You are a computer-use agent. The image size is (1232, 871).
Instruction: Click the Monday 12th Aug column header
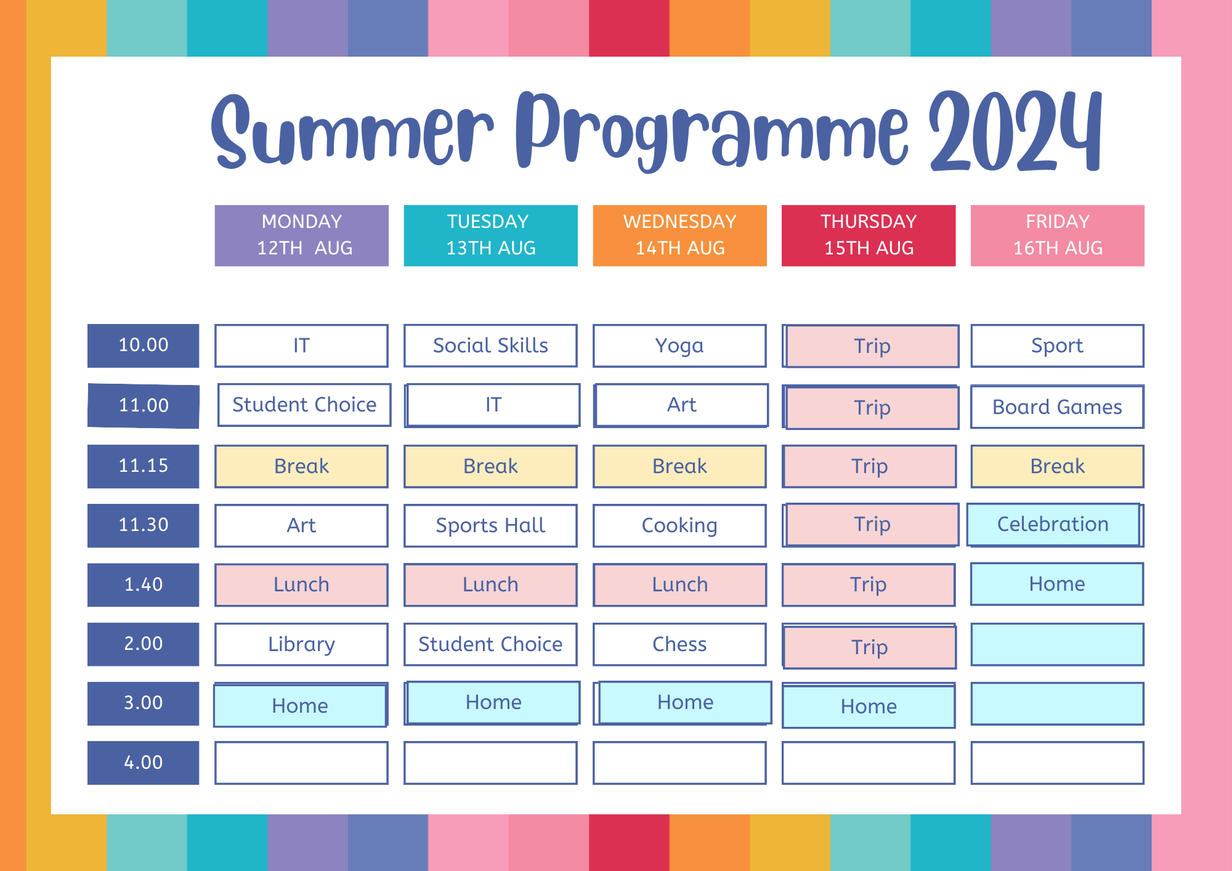pyautogui.click(x=301, y=235)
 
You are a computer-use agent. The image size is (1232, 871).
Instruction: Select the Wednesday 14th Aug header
pyautogui.click(x=679, y=235)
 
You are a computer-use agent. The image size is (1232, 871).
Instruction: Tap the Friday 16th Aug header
pyautogui.click(x=1057, y=235)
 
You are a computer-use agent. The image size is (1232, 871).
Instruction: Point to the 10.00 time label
pyautogui.click(x=143, y=346)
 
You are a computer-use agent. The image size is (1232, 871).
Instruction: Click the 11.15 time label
pyautogui.click(x=143, y=466)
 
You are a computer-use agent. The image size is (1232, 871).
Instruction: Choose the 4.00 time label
pyautogui.click(x=143, y=763)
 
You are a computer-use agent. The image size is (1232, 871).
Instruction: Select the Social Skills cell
pyautogui.click(x=490, y=346)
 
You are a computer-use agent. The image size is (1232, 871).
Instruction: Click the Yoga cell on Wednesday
pyautogui.click(x=679, y=346)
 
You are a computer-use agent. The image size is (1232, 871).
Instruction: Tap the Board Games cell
pyautogui.click(x=1057, y=407)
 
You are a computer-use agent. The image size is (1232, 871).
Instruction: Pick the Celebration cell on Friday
pyautogui.click(x=1053, y=524)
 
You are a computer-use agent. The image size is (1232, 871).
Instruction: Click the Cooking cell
pyautogui.click(x=679, y=525)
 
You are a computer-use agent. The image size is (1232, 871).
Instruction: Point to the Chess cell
pyautogui.click(x=679, y=644)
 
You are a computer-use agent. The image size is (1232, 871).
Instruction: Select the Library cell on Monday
pyautogui.click(x=301, y=644)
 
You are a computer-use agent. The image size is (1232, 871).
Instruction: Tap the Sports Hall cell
pyautogui.click(x=490, y=525)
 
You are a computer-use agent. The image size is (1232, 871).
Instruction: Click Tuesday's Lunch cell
pyautogui.click(x=490, y=585)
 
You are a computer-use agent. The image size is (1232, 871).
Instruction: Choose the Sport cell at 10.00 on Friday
pyautogui.click(x=1057, y=346)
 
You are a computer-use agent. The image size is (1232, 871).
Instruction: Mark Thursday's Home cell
pyautogui.click(x=869, y=706)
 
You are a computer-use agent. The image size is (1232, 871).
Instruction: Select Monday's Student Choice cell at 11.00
pyautogui.click(x=304, y=405)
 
